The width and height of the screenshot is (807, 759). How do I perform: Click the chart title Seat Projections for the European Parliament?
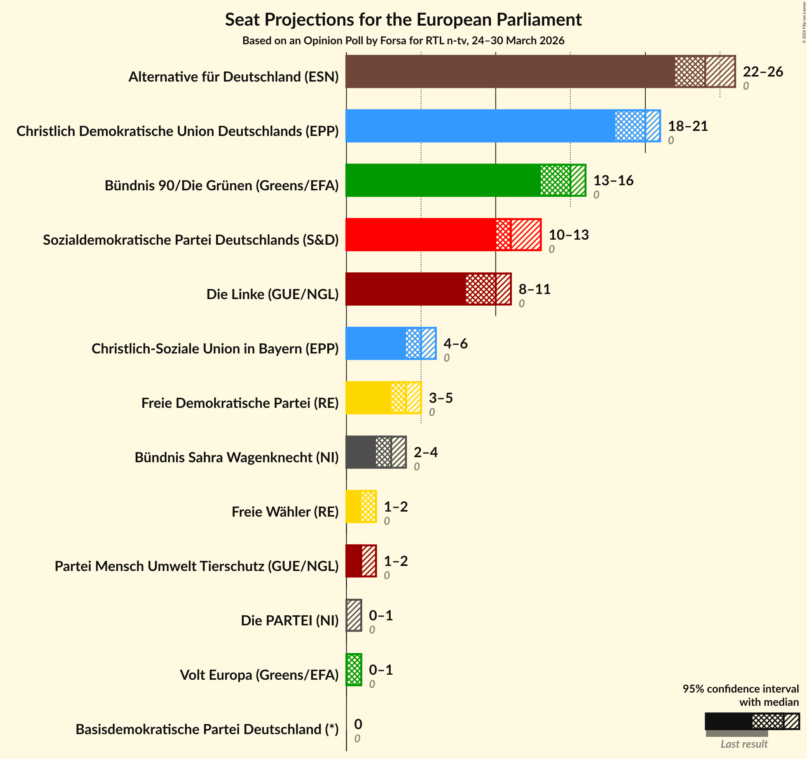click(403, 19)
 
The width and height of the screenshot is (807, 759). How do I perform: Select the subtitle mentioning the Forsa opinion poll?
click(403, 40)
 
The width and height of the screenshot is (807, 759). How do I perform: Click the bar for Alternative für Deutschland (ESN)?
click(540, 71)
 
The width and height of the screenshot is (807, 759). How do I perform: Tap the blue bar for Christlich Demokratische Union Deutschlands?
click(503, 126)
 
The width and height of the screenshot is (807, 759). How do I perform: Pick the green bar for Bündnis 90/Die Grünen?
click(465, 180)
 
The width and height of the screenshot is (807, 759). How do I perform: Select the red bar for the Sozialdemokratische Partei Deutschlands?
click(443, 235)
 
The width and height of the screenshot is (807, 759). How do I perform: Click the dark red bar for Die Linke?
click(428, 289)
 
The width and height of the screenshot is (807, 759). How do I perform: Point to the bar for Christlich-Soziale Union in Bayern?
click(391, 343)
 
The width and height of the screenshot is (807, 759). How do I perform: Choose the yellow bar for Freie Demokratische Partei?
click(383, 397)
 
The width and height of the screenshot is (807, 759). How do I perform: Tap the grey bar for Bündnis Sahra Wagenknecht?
click(376, 452)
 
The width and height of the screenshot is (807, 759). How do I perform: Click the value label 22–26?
click(763, 72)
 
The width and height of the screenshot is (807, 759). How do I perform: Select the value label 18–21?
click(688, 126)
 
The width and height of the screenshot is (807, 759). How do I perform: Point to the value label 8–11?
click(534, 289)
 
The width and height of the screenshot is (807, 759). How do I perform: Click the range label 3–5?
click(440, 398)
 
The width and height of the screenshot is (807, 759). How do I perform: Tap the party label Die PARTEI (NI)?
click(290, 620)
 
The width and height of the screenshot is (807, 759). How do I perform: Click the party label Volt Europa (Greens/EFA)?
click(259, 675)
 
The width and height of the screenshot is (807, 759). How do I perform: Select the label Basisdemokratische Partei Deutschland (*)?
click(207, 729)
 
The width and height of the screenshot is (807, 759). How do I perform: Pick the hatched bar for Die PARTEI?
click(354, 615)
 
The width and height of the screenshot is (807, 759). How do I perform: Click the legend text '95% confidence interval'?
click(741, 689)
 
